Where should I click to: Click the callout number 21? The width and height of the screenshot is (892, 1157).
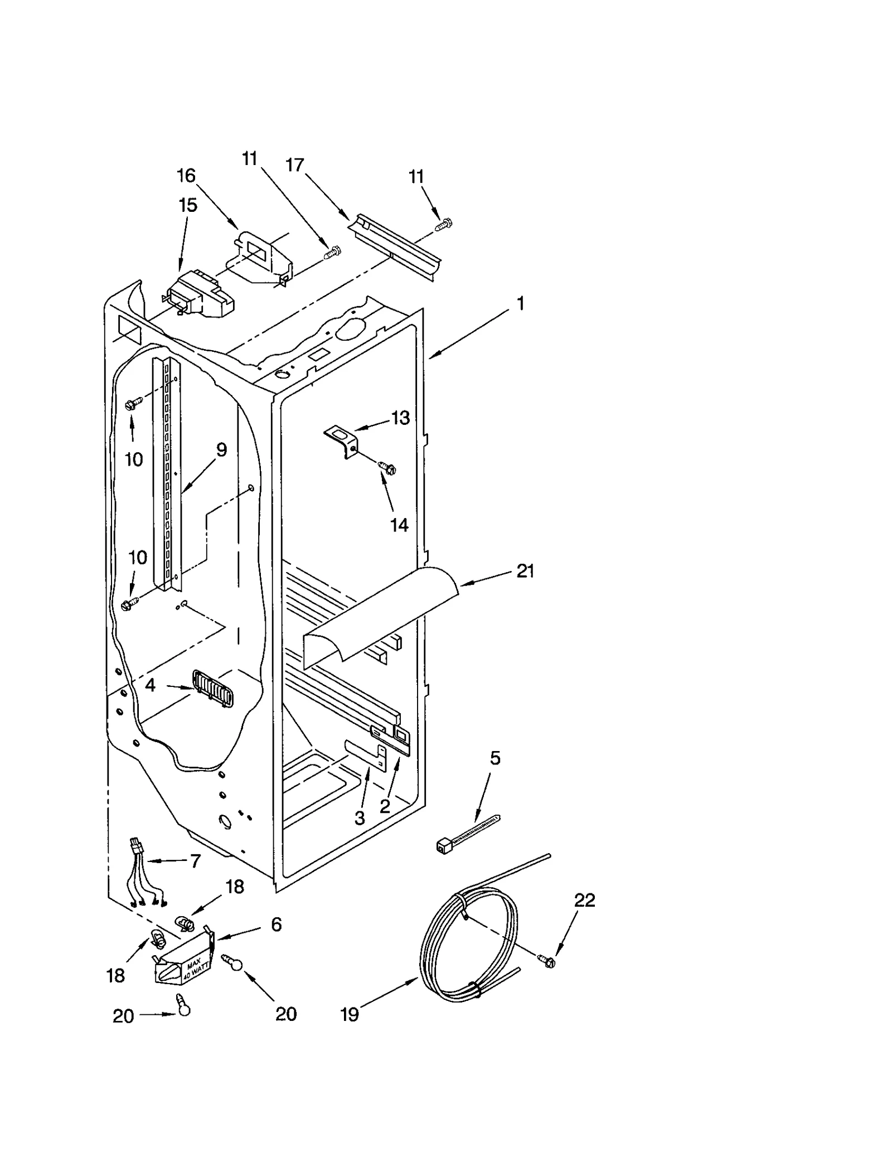[x=525, y=571]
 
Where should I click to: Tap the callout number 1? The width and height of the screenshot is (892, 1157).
[x=520, y=304]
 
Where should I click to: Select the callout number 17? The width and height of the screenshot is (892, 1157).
[x=294, y=165]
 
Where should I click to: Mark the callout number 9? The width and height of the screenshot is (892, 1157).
[x=221, y=449]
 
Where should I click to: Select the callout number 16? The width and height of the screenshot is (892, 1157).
[x=186, y=176]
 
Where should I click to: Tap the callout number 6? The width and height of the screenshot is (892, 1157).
[x=276, y=924]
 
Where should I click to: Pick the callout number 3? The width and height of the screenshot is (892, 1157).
[x=360, y=818]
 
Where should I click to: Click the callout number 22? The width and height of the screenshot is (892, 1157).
[x=584, y=900]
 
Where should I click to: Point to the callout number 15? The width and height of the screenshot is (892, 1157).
[x=188, y=205]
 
